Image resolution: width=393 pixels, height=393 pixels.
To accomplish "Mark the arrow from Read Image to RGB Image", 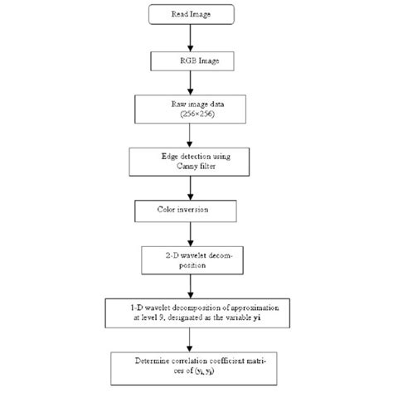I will pyautogui.click(x=192, y=37).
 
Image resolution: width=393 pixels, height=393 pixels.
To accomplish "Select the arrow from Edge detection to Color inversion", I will pyautogui.click(x=192, y=186).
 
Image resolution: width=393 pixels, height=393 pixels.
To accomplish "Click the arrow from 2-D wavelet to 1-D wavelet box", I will pyautogui.click(x=192, y=285).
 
